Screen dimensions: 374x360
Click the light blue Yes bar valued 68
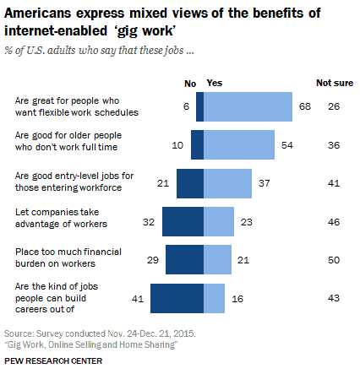pos(246,106)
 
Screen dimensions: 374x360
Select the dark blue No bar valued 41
pos(177,298)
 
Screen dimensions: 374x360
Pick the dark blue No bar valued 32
pos(183,221)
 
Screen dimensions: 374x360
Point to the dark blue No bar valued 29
pos(185,259)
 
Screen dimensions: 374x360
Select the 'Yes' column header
pos(215,83)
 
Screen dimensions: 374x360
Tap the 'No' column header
pos(190,83)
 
